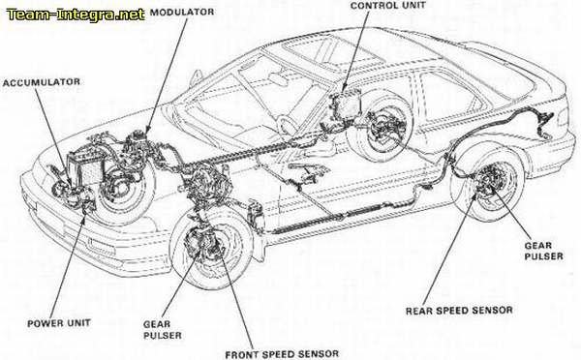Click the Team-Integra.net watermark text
tap(74, 13)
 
